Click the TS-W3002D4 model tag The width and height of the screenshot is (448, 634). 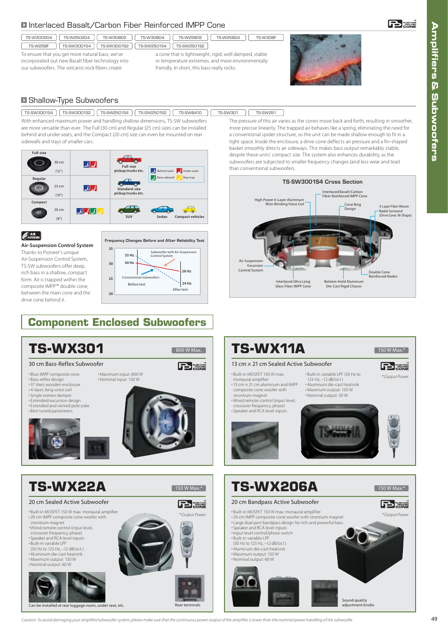coord(39,38)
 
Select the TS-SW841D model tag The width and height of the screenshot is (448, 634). coord(190,113)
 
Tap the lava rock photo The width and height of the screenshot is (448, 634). coord(325,60)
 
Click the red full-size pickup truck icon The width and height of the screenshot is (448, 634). coord(129,160)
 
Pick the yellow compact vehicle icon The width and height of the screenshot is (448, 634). coord(189,209)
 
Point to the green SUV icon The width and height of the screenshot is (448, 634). coord(129,209)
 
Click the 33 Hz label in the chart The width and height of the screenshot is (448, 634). coord(129,255)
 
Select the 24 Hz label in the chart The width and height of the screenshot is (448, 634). coord(186,283)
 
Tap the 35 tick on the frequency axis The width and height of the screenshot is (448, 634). coord(111,249)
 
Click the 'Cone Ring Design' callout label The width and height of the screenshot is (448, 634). coord(353,207)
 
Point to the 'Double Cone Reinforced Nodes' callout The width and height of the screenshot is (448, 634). coord(383,274)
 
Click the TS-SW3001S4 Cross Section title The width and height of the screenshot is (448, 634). coord(322,182)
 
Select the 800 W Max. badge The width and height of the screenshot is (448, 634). coord(189,350)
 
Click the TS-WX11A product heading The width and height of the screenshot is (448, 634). coord(268,348)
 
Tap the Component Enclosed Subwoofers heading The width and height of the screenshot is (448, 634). coord(117,322)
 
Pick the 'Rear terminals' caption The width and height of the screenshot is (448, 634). coord(187,605)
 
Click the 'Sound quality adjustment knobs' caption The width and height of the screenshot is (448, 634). coord(358,603)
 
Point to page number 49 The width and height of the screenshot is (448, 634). coord(434,619)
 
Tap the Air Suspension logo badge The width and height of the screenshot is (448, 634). coord(31,236)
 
